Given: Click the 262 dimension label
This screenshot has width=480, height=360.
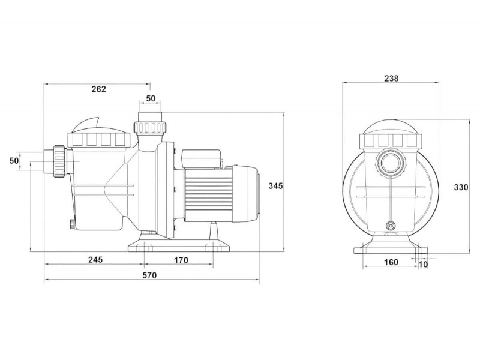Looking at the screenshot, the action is coord(98,89).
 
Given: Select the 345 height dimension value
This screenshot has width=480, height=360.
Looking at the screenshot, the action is coord(275,185).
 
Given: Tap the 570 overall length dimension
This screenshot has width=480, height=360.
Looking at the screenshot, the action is coord(149,275).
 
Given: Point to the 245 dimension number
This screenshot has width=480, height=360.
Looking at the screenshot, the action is coord(95,260).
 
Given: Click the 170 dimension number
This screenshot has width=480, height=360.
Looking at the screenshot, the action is coord(181,260).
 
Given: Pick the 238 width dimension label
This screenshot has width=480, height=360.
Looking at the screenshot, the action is coord(392,79).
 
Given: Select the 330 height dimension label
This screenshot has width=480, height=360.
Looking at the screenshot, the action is coord(461,187).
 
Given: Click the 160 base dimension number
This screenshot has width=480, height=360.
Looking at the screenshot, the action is coord(391,262).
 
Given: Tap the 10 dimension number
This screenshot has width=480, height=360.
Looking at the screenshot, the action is coord(423,265).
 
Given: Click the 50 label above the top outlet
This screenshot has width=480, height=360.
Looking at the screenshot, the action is coord(151,98).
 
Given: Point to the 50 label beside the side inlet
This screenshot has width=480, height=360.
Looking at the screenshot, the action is coord(14,160).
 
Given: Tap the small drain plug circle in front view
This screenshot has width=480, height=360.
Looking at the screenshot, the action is coord(391,226).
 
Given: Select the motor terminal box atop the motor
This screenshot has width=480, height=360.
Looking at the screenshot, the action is coord(202,158).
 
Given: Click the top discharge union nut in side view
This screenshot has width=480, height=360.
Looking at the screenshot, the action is coord(149,127).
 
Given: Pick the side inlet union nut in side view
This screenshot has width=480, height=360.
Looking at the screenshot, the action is coord(59,161).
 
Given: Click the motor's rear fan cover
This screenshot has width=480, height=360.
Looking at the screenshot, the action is coord(247,194).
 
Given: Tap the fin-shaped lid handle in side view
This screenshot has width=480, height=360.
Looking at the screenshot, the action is coord(88,125).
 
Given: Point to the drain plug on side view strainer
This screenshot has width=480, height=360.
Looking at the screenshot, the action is coord(71,224).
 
